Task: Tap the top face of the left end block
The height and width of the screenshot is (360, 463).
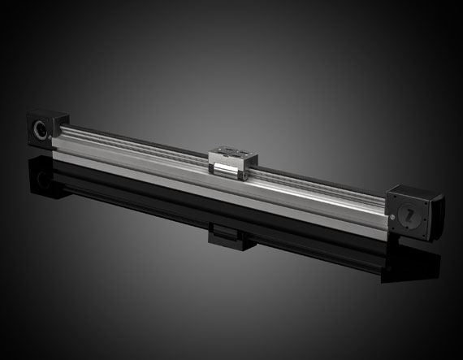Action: tap(44, 111)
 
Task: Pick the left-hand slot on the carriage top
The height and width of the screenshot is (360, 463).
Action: tap(224, 149)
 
